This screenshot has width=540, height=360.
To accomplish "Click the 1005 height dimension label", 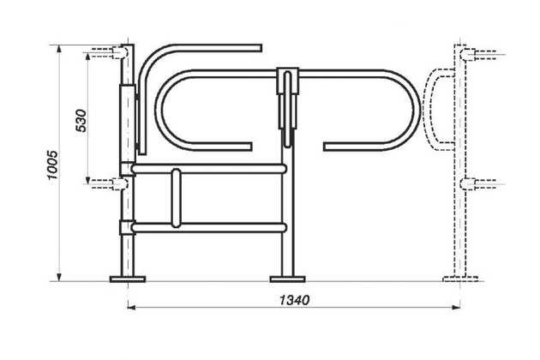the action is pos(52,165).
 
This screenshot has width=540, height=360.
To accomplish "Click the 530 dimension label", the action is pos(81,121).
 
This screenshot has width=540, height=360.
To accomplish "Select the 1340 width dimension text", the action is pos(295,300).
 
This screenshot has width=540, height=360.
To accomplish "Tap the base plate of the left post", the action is pos(128,279).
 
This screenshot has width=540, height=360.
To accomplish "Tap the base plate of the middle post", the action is pos(287,279).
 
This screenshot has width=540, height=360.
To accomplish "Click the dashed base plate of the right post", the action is pos(460,279).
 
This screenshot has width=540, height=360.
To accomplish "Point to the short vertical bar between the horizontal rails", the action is pos(176,198).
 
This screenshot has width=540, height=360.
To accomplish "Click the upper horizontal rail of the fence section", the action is pos(208,169).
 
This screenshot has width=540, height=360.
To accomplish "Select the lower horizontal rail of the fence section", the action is pos(208,228).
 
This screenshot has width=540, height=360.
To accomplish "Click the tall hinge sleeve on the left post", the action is pos(128,123).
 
